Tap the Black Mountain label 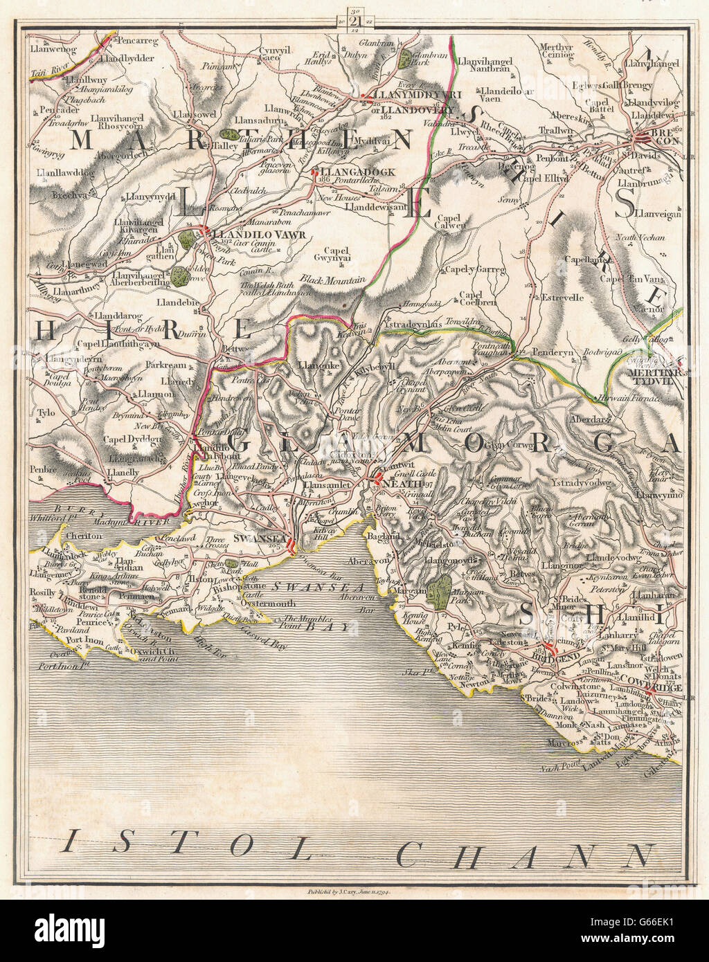pyautogui.click(x=332, y=280)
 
